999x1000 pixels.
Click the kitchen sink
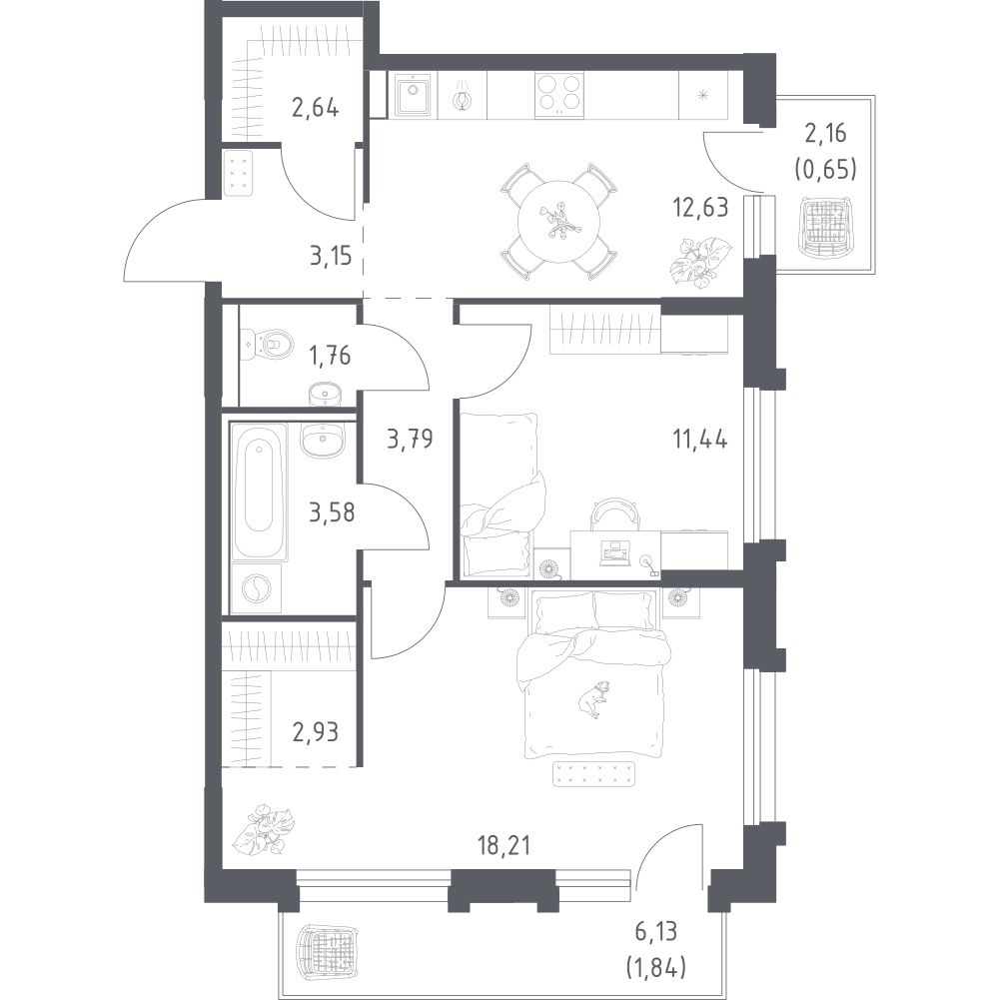413,95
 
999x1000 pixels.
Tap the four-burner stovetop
558,94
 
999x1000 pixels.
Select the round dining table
558,222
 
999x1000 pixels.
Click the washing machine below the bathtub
257,588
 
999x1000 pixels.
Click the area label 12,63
700,207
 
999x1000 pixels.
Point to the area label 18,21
503,845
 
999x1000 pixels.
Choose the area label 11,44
700,440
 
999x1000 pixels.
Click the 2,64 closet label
315,107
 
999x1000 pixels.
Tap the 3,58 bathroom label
332,511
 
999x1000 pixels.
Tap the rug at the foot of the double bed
594,773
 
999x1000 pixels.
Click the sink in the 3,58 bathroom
322,440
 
